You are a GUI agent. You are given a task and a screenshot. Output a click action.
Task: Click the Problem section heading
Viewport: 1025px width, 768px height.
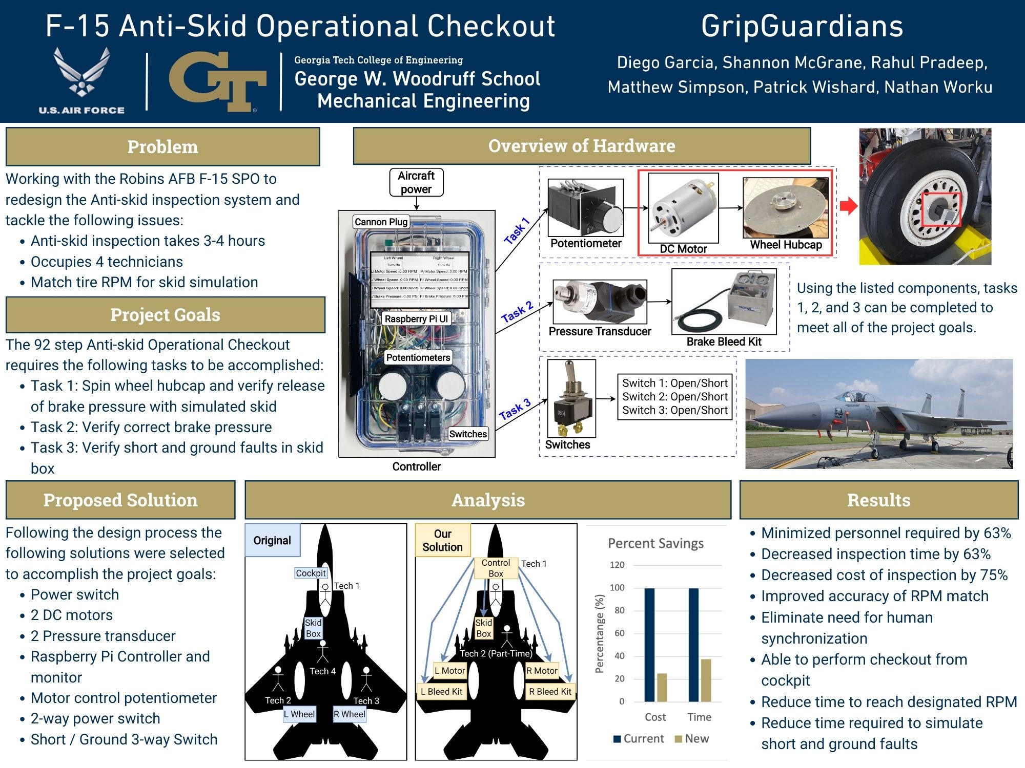click(x=162, y=147)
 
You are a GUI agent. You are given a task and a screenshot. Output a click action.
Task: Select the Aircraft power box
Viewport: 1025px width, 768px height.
click(x=416, y=182)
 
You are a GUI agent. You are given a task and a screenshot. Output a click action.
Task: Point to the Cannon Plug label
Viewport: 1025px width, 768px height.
click(x=381, y=222)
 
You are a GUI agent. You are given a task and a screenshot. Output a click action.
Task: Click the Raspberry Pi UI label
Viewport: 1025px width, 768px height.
click(x=416, y=318)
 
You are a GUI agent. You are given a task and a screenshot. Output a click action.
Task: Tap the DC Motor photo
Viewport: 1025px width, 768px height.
click(x=683, y=208)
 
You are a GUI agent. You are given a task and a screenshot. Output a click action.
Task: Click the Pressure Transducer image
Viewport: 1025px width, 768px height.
click(x=600, y=302)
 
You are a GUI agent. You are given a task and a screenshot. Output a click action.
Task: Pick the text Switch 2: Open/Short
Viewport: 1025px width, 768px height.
click(x=675, y=396)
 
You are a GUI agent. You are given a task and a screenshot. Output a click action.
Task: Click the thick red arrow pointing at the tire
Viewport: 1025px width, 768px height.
click(x=849, y=206)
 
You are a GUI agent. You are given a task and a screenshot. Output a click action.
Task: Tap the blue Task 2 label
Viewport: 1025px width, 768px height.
click(x=517, y=312)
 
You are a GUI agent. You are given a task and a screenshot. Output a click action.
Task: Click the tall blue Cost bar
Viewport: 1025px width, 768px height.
click(x=649, y=645)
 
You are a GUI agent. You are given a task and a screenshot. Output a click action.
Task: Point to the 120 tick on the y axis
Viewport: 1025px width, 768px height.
click(x=617, y=565)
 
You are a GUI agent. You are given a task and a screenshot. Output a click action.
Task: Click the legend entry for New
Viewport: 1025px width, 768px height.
click(x=692, y=739)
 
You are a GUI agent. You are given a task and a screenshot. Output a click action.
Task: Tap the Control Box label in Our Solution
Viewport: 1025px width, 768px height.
click(x=496, y=568)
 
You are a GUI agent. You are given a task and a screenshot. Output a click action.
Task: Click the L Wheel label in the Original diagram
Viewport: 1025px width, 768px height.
click(x=299, y=714)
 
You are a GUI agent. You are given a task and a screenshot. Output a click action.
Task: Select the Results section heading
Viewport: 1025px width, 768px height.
click(x=879, y=500)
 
